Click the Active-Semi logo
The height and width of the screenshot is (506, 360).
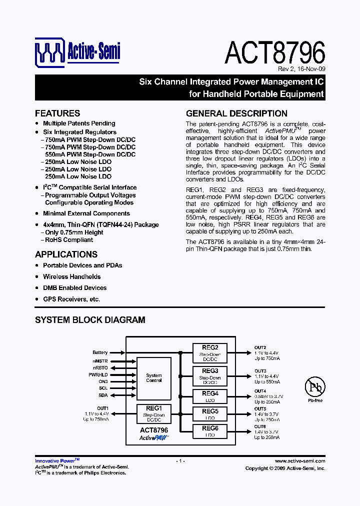coord(77,51)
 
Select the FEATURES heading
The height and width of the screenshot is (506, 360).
coord(57,113)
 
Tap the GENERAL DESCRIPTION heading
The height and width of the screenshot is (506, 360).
coord(236,113)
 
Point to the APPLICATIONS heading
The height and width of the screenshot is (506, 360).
coord(66,254)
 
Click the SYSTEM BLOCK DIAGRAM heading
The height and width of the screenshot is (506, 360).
coord(90,319)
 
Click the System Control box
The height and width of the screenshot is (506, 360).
coord(154,378)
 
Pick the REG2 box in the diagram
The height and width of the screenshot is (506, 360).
coord(210,352)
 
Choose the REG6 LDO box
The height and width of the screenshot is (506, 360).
coord(210,431)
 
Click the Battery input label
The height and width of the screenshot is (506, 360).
coord(100,352)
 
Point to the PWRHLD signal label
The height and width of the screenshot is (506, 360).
coord(98,374)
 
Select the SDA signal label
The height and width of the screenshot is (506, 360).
coord(102,395)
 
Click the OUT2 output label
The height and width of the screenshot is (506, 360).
coord(260,347)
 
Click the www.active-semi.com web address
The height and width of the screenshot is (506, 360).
coord(300,461)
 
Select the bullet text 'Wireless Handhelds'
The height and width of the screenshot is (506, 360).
coord(71,276)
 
